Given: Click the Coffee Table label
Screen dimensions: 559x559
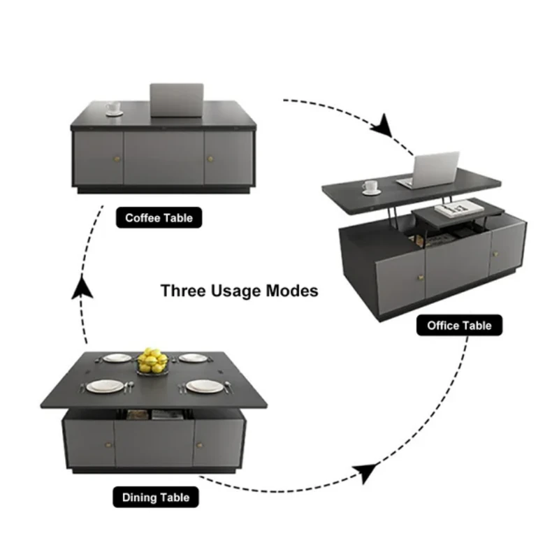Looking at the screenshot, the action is pos(159,217).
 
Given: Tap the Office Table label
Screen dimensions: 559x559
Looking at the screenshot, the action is pos(459,325).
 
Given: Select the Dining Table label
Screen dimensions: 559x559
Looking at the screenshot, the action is pos(156,497).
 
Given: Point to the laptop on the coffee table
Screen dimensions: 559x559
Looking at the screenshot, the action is pos(177,100).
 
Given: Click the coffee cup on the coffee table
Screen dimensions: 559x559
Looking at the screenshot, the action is pos(114,109).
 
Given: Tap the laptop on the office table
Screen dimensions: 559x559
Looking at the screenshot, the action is pos(430,170).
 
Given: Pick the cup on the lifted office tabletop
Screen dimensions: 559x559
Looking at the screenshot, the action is pos(371,187).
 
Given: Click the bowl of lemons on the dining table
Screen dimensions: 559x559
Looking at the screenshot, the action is pos(152,361).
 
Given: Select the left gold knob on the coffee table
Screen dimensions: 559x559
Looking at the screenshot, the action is pos(117,159).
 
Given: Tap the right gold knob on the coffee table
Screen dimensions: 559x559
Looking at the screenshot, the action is pos(210,159).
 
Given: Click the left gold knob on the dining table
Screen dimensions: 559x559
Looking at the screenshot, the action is pos(108,444).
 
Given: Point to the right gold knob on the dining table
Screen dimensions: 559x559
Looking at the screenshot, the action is pos(199,445).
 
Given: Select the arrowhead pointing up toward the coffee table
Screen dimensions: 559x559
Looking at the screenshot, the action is pos(82,287).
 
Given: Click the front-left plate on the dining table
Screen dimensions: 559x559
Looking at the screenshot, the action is pos(106,386).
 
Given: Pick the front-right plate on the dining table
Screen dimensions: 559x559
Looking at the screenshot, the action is pos(205,386).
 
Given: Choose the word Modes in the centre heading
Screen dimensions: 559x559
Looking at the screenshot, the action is pos(292,291).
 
